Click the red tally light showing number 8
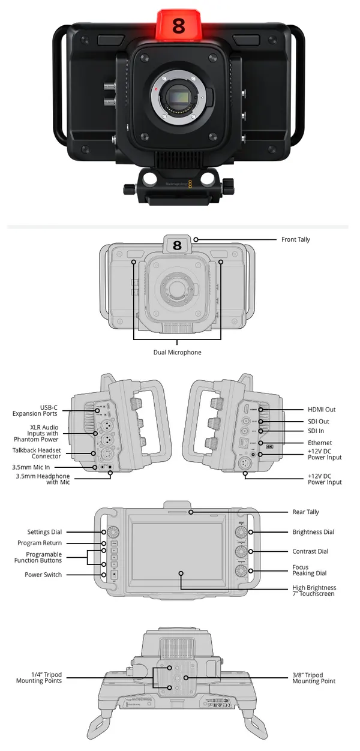click(179, 26)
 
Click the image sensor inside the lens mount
click(179, 95)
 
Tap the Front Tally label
click(296, 239)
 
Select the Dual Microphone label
click(177, 352)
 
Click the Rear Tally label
click(306, 512)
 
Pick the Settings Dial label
click(44, 532)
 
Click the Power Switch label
click(43, 575)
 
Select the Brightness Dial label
click(313, 532)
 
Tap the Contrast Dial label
click(310, 551)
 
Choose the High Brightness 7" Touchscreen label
click(314, 591)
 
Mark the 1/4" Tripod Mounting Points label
click(39, 678)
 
